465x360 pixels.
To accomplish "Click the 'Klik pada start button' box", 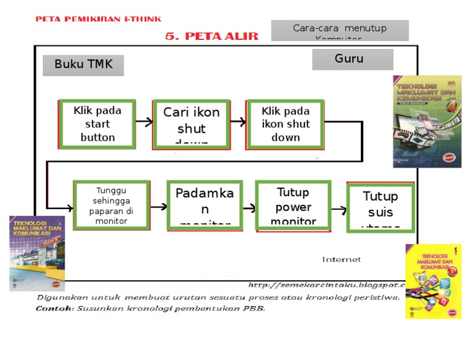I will tap(97, 124).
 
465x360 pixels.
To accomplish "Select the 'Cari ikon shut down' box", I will tap(191, 124).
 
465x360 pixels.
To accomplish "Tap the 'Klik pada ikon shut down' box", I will tap(285, 124).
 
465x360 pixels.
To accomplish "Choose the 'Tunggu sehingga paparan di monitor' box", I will tap(111, 205).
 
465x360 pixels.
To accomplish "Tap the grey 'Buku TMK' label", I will tap(83, 65).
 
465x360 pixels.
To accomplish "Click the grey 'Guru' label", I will tap(352, 59).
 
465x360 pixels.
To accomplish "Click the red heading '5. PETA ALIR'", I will tap(211, 36).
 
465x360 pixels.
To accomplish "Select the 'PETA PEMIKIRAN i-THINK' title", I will tap(98, 19).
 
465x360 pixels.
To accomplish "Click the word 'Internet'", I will tap(341, 259).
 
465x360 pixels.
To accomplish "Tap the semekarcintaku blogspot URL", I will tap(327, 285).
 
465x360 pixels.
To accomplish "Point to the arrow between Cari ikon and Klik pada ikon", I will tap(237, 122).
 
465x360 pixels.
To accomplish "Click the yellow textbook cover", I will tap(433, 281).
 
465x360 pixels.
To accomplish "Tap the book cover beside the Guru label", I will tap(427, 121).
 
